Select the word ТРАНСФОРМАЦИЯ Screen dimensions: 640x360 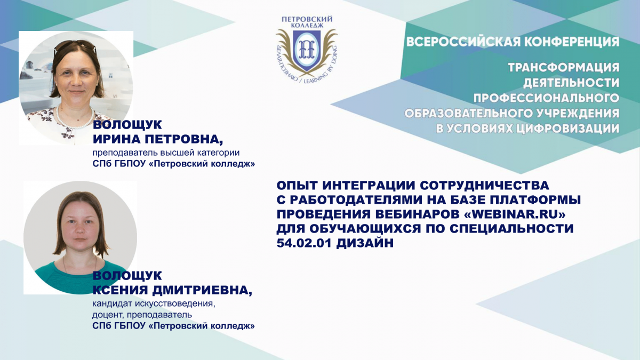point(563,68)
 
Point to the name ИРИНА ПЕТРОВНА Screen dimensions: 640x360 point(158,139)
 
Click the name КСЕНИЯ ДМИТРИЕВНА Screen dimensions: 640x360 point(172,291)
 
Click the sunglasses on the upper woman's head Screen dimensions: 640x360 point(75,45)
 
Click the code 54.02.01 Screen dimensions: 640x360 point(304,243)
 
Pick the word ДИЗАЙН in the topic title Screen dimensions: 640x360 point(365,243)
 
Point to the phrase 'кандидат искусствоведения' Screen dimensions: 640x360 point(154,303)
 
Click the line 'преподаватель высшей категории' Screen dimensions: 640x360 point(166,153)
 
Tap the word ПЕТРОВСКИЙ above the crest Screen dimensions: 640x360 point(307,19)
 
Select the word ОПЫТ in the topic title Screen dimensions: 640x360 point(297,186)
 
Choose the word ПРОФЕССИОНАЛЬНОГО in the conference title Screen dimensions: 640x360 point(546,98)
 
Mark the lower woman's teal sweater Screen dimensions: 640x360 point(66,278)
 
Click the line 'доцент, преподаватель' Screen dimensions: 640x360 point(142,315)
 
